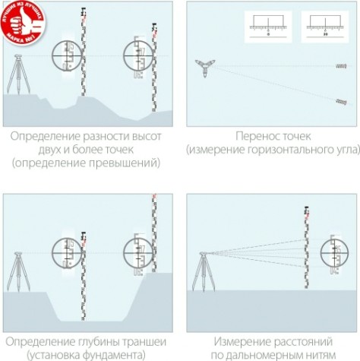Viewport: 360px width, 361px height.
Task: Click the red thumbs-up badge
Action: pyautogui.click(x=22, y=22)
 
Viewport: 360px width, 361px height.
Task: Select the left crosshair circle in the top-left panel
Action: pyautogui.click(x=67, y=55)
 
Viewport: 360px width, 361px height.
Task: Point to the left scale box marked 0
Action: pyautogui.click(x=270, y=27)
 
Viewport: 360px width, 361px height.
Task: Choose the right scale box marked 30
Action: pyautogui.click(x=324, y=27)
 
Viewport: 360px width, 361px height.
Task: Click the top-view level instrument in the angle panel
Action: pyautogui.click(x=204, y=66)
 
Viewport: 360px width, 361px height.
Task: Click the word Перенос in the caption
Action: pyautogui.click(x=254, y=136)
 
